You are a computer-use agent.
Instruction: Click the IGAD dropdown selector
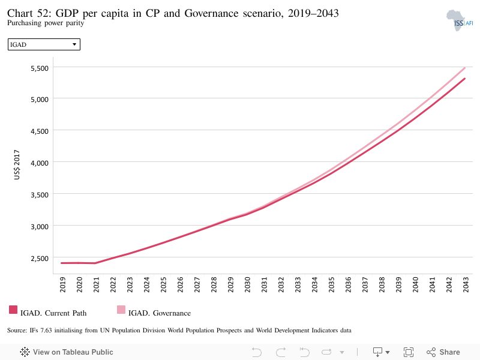44,44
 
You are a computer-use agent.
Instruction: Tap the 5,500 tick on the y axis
40,68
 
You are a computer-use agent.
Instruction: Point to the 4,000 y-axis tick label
40,163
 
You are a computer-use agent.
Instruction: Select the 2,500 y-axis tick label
40,259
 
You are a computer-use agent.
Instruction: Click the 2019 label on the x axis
62,284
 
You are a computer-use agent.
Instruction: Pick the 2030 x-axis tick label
247,284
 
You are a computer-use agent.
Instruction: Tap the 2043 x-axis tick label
466,284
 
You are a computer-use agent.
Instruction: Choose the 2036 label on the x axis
348,284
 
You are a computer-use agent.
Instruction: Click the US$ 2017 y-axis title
17,164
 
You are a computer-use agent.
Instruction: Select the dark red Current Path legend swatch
13,310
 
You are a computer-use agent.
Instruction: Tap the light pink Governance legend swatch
121,310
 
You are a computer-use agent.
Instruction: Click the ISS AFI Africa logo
459,20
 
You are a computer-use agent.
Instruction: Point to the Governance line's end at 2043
464,68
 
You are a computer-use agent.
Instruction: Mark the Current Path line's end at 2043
464,79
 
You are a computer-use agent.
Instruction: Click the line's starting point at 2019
62,263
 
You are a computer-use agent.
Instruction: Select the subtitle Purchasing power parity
46,23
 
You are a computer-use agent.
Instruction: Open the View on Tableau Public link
67,352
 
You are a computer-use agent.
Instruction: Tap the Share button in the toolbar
443,352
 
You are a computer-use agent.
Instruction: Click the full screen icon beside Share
409,352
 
